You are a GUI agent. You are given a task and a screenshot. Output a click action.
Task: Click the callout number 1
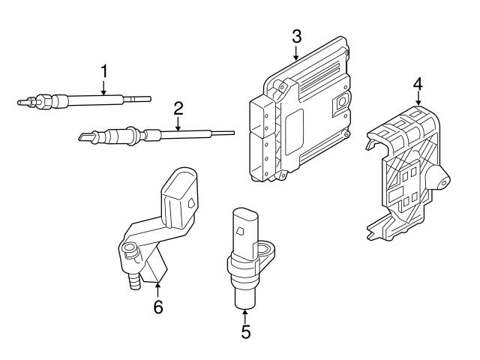(x=105, y=71)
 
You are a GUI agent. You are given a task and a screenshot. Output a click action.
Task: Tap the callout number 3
(x=296, y=35)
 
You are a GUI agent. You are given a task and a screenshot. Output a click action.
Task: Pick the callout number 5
(x=246, y=331)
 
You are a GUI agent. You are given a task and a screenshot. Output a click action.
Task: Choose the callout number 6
(x=158, y=307)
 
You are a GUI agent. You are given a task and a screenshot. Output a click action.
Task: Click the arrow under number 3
(x=296, y=52)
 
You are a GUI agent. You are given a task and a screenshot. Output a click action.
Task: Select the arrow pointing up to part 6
(x=158, y=289)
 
